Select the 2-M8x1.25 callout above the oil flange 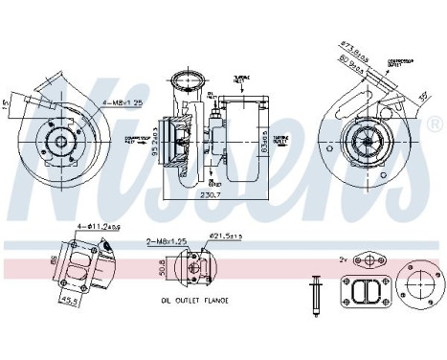[168, 243]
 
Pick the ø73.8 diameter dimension [357, 44]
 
